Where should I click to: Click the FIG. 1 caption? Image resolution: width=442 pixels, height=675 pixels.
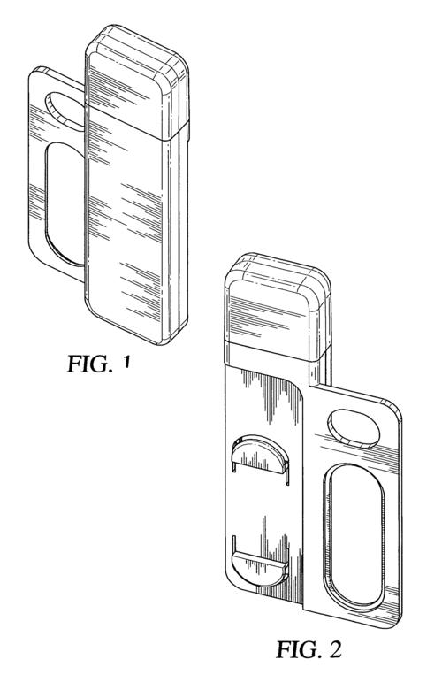pos(98,364)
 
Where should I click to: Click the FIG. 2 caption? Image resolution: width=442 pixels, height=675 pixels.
pos(309,649)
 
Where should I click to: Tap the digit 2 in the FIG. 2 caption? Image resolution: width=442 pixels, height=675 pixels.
pos(333,649)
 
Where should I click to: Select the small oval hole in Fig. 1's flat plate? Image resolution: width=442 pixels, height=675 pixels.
pos(65,110)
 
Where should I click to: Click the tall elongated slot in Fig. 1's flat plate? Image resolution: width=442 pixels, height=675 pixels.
pos(65,203)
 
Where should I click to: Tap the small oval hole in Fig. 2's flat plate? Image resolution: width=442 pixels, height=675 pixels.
pos(354,428)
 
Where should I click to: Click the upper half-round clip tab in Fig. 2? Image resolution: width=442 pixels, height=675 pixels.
pos(259,456)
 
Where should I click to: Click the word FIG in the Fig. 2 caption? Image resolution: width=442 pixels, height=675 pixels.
pos(296,649)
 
